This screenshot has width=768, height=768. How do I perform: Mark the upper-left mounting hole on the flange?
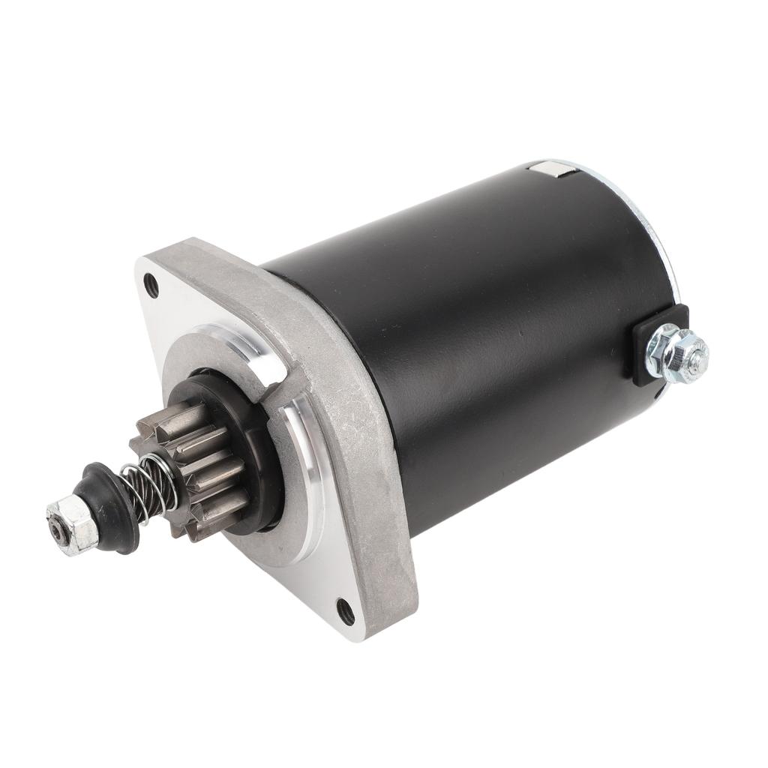tap(152, 286)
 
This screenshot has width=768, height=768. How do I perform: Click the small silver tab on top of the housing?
tap(553, 172)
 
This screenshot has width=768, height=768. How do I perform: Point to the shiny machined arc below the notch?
tap(307, 480)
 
